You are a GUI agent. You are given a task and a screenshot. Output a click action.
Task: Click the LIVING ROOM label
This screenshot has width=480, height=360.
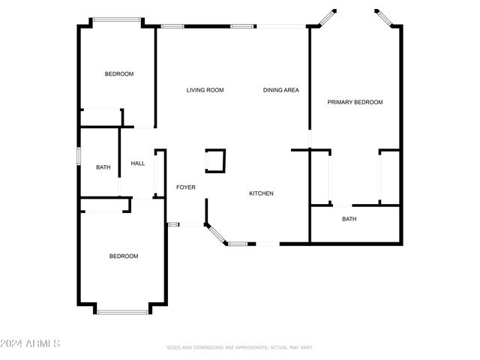(205, 90)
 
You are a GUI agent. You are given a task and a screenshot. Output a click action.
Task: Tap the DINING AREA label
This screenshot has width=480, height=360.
(281, 90)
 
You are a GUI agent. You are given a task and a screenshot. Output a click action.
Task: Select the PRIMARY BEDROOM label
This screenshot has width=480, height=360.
(355, 102)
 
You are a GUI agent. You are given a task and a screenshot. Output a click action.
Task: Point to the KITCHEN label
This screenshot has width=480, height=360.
(261, 193)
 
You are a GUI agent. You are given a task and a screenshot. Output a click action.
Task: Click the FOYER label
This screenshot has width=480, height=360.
(186, 187)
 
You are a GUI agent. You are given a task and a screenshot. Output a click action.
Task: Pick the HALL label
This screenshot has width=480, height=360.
(138, 163)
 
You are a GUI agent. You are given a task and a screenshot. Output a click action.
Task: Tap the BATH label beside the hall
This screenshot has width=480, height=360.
(103, 167)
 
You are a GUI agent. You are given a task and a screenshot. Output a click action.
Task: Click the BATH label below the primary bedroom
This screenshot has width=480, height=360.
(349, 219)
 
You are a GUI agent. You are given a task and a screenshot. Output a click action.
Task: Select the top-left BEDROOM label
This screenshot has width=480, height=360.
(119, 73)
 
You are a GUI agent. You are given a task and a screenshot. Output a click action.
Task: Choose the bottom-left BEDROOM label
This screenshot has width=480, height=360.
(124, 256)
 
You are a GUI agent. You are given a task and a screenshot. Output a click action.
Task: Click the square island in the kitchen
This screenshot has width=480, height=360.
(215, 160)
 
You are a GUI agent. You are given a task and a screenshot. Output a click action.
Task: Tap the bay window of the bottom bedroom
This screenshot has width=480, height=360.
(122, 311)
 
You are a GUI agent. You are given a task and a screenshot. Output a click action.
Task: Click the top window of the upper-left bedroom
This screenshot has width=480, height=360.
(116, 21)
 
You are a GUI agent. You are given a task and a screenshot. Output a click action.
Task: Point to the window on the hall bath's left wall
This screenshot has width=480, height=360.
(79, 156)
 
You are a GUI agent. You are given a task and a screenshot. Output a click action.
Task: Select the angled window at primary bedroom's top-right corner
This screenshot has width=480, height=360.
(384, 17)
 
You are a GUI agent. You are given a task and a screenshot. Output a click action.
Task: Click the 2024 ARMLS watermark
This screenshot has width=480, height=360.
(30, 343)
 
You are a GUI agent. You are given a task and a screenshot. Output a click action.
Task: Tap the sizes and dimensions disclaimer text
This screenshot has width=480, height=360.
(239, 347)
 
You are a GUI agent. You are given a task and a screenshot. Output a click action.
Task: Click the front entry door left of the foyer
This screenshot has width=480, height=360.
(173, 224)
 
